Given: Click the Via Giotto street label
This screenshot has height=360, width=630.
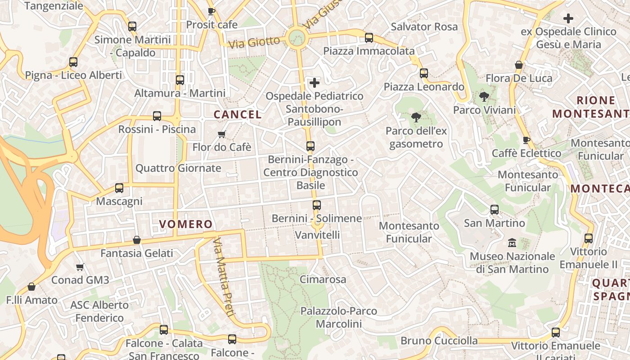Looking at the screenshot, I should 254,42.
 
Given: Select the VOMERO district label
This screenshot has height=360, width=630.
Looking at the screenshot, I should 185,224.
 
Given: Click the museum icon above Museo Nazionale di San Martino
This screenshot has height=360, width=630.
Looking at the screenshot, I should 512,243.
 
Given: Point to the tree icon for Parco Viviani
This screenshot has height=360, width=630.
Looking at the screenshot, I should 484,96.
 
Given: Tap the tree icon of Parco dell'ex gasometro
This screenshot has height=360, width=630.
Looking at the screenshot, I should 416,117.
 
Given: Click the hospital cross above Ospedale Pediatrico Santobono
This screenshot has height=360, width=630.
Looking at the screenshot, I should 315,82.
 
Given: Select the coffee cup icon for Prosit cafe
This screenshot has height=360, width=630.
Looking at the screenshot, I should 211,11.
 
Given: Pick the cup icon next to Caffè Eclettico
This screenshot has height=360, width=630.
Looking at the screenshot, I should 526,140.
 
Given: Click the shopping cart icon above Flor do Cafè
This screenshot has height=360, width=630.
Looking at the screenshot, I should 221,134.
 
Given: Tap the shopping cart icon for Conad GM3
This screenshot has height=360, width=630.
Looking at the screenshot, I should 80,267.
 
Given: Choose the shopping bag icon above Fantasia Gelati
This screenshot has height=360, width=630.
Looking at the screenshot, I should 137,240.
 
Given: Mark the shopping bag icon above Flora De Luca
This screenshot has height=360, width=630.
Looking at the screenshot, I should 519,65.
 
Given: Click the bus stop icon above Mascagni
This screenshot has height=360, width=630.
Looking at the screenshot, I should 119,188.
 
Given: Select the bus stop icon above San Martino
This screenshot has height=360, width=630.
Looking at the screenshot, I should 494,209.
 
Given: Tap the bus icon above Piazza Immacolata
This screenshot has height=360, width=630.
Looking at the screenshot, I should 369,37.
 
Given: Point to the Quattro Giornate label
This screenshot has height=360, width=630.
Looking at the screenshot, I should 178,168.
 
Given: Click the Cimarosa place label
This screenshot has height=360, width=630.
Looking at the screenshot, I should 323,279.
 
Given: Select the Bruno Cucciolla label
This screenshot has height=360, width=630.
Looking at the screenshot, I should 439,340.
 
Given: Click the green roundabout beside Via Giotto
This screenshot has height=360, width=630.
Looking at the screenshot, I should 297,37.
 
